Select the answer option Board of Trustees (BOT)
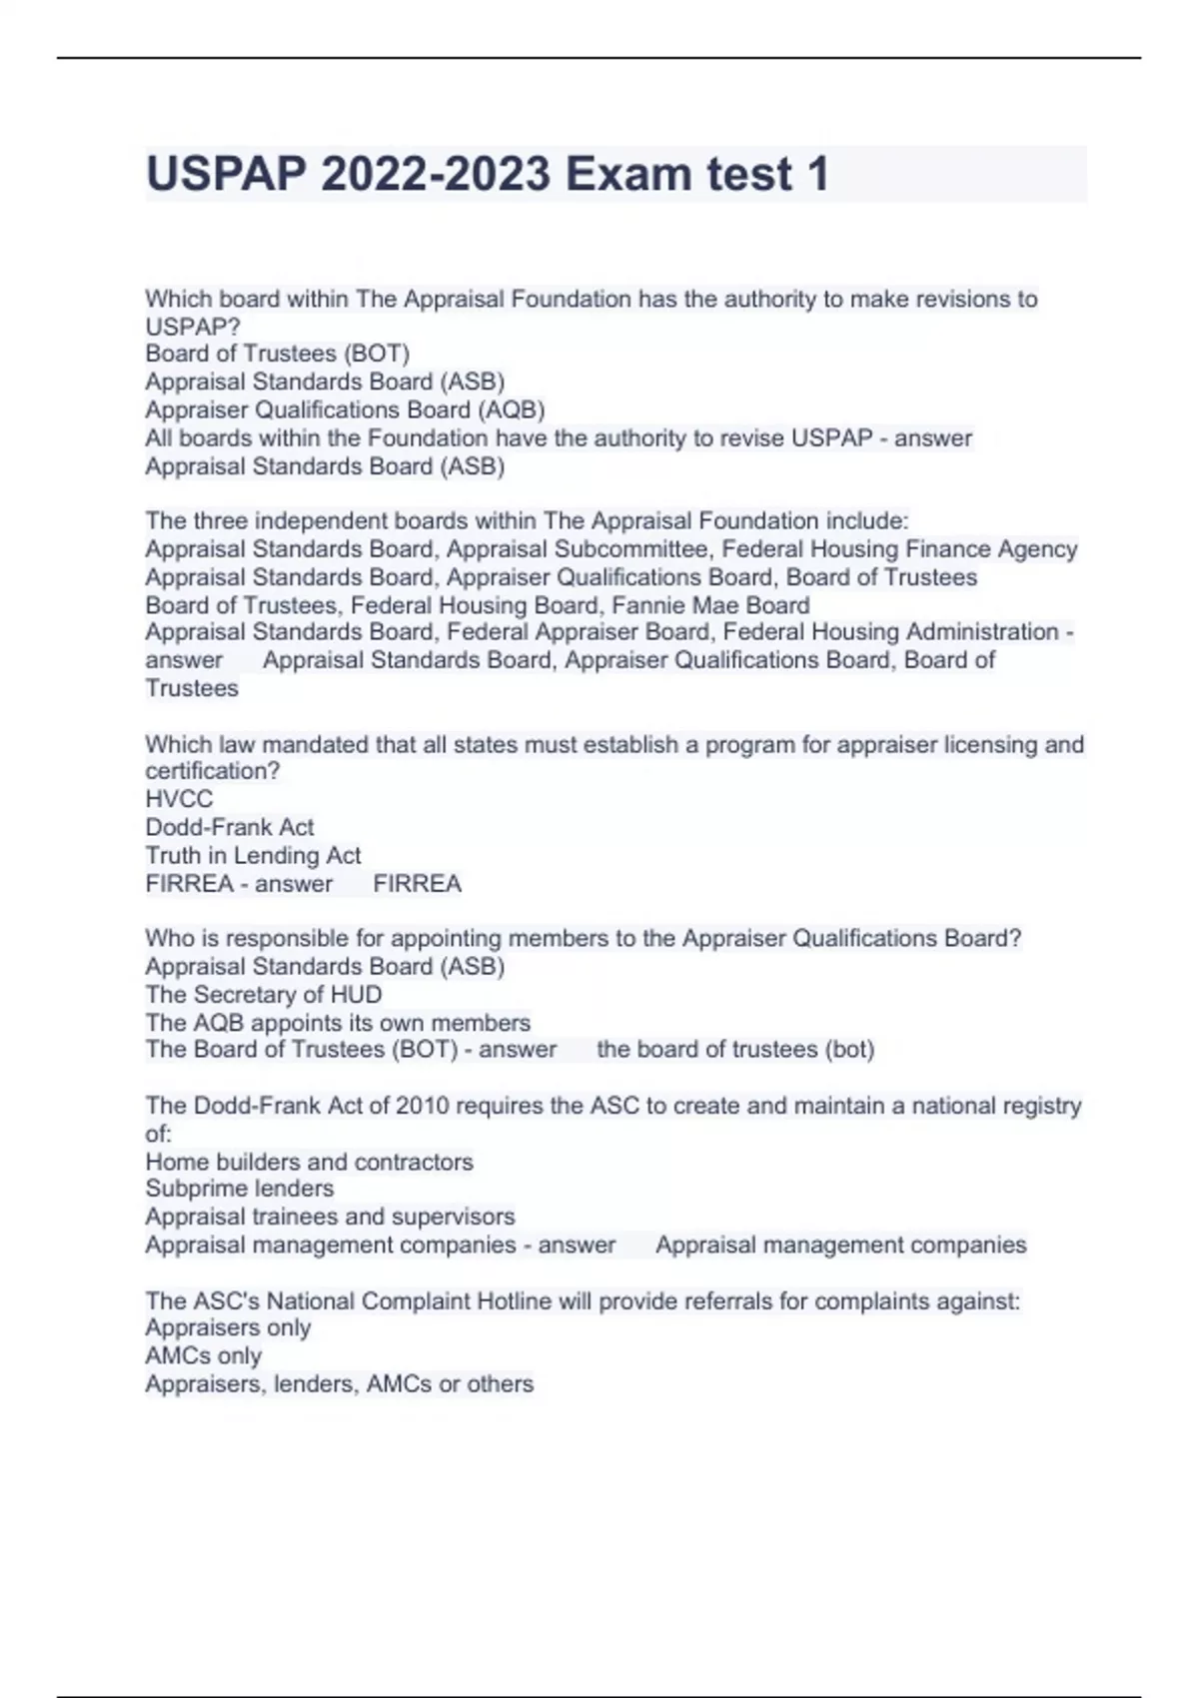[x=277, y=354]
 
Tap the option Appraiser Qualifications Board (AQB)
[x=345, y=410]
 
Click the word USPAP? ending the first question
[x=193, y=327]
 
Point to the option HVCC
[x=179, y=799]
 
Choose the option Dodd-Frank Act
[x=229, y=827]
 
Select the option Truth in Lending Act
[x=253, y=855]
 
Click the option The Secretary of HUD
[x=263, y=995]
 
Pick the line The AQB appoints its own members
[x=338, y=1023]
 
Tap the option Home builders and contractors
[x=309, y=1162]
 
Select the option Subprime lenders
[x=239, y=1189]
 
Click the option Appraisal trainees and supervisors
[x=330, y=1217]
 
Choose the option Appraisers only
[x=228, y=1327]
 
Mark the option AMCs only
[x=203, y=1355]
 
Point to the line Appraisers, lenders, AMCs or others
[x=339, y=1383]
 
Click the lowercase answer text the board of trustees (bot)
[x=735, y=1050]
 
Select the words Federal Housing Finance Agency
[x=899, y=549]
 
